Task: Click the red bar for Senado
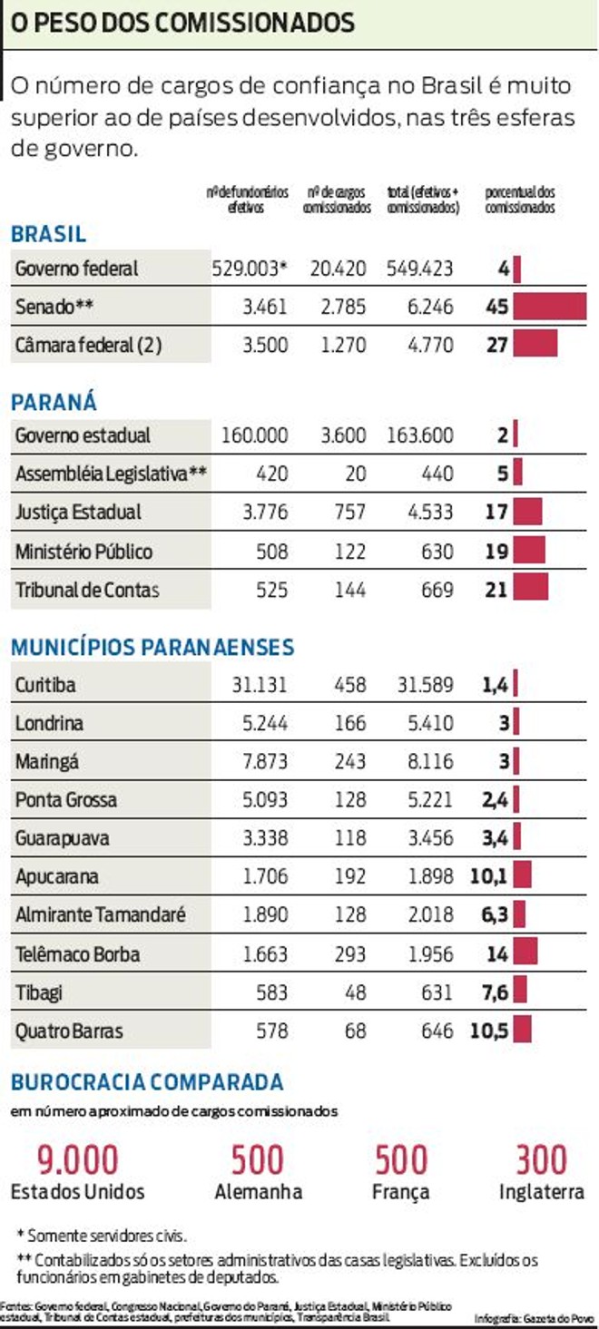pos(550,307)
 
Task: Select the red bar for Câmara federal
pos(535,345)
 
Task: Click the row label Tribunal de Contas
pos(87,590)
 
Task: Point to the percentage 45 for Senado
pos(497,307)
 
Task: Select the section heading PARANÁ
pos(54,402)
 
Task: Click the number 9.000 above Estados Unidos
pos(77,1160)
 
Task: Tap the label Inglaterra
pos(541,1192)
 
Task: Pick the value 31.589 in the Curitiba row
pos(425,685)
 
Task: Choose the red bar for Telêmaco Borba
pos(525,953)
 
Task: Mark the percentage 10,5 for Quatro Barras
pos(488,1031)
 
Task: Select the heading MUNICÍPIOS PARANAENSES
pos(152,647)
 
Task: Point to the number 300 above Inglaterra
pos(541,1160)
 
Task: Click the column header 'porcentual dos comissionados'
pos(520,200)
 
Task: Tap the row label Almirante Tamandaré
pos(100,915)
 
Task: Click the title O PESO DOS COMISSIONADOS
pos(182,23)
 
